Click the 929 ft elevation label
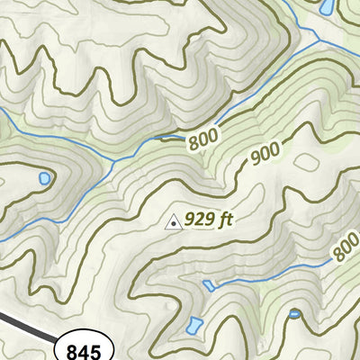209,219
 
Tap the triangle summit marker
172,220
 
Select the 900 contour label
265,156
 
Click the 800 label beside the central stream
202,141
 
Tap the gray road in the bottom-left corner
22,323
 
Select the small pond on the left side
42,179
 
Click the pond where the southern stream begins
209,284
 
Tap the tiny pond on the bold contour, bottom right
294,314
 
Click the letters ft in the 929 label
224,219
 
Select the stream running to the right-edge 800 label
288,272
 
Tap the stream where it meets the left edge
3,112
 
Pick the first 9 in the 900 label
255,161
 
